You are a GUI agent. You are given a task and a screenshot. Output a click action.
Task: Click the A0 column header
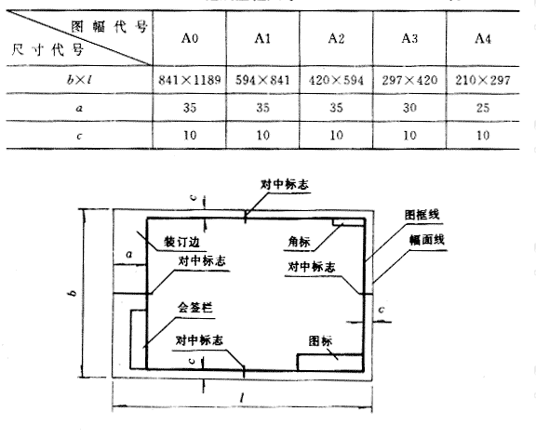(190, 38)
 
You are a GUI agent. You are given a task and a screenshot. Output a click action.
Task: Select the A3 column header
(409, 38)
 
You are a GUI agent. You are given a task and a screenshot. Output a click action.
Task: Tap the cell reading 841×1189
(190, 80)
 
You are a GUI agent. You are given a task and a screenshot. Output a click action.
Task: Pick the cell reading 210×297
(483, 80)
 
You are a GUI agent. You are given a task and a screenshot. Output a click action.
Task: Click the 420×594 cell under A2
(336, 80)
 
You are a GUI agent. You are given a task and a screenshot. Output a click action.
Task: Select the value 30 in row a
(409, 108)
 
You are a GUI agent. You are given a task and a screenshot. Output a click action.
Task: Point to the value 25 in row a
(483, 108)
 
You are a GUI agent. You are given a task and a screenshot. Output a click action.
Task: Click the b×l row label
(79, 80)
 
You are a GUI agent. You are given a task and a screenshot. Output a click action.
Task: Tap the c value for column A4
(483, 135)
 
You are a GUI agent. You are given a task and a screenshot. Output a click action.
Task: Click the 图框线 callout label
(422, 215)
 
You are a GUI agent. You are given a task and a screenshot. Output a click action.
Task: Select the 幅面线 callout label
(427, 240)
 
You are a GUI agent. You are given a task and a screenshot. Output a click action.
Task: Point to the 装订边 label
(181, 242)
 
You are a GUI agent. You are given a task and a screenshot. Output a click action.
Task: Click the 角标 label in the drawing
(299, 242)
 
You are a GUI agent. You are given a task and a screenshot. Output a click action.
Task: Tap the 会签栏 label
(194, 308)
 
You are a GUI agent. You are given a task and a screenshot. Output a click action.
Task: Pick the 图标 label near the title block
(320, 340)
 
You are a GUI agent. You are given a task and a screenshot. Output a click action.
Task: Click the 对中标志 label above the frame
(285, 184)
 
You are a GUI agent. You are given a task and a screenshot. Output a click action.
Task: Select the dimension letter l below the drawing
(242, 398)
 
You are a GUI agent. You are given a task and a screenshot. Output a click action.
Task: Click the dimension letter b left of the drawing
(73, 293)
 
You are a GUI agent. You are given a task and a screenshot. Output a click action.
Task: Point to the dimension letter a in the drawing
(128, 255)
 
